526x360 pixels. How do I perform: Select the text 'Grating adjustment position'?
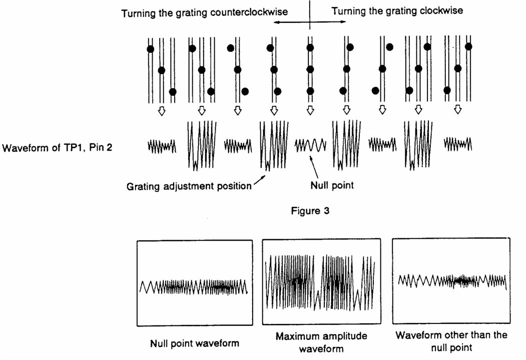[x=189, y=186]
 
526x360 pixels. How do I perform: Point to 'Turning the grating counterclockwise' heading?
[x=205, y=12]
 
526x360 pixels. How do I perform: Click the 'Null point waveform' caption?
[x=195, y=343]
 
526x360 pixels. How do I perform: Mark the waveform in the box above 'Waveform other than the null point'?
[x=452, y=282]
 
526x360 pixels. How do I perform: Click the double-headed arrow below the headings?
[x=310, y=22]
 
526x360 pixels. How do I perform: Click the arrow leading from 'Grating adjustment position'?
[x=261, y=177]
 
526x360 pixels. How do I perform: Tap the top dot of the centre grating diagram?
[x=310, y=48]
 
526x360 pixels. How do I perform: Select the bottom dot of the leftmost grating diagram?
[x=173, y=91]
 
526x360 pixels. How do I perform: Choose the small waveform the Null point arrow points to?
[x=310, y=145]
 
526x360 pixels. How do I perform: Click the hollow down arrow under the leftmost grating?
[x=161, y=111]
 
